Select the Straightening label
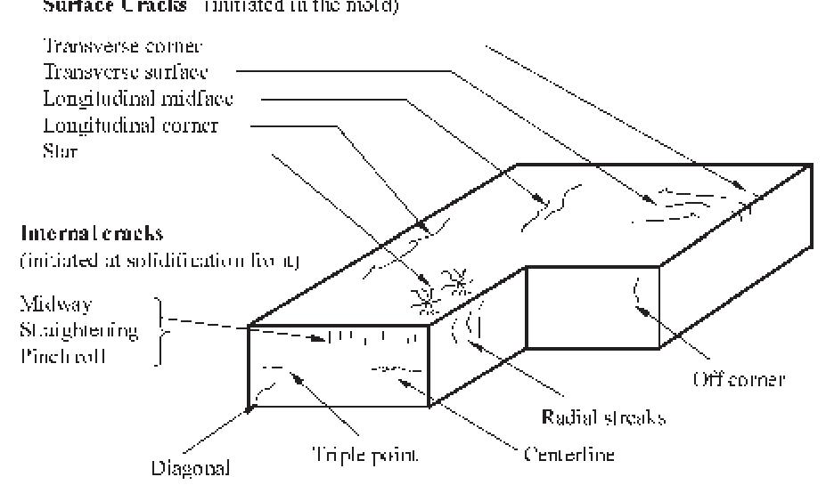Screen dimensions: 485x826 point(79,332)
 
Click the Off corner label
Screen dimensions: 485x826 point(739,380)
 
